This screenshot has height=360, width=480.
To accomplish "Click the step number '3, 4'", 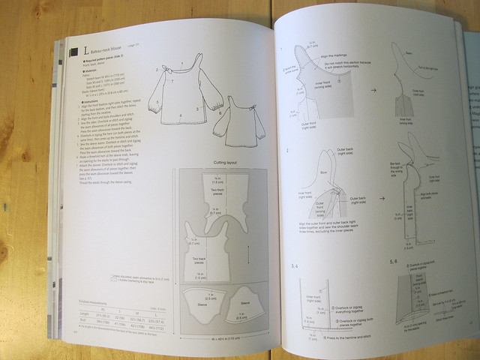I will pyautogui.click(x=297, y=267).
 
